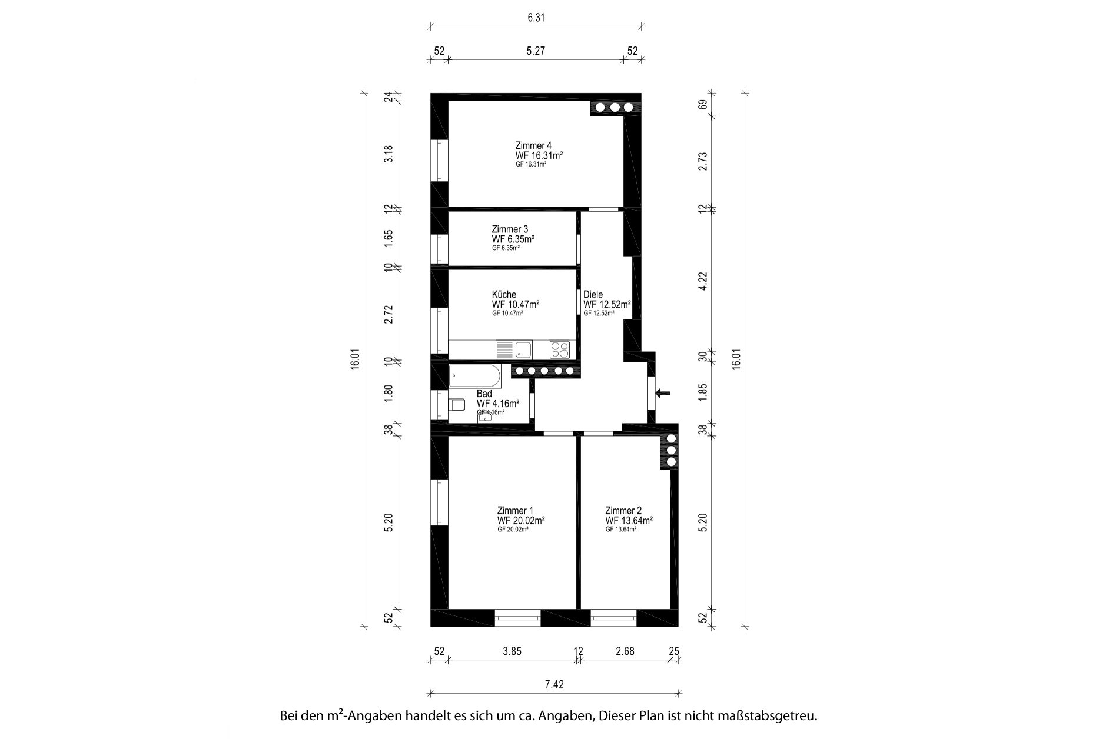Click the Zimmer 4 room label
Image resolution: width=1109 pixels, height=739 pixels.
533,145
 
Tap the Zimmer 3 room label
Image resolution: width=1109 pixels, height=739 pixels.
510,229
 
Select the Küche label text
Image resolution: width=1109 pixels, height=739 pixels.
504,294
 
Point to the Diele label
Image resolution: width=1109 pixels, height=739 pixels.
593,295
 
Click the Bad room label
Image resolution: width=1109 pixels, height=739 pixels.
484,394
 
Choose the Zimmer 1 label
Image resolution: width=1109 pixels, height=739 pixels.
515,511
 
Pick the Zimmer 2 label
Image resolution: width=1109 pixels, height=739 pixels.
623,511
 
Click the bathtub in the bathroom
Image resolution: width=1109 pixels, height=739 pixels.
474,375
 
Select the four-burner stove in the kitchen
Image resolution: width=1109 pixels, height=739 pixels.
560,350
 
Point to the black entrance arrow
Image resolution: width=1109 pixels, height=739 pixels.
663,393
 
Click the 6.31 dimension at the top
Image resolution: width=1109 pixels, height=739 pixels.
536,18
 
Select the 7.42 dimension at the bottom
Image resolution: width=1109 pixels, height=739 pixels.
554,684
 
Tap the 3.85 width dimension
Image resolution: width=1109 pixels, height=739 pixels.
512,651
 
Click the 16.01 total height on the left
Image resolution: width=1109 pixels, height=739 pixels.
354,358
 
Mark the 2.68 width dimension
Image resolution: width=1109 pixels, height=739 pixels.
625,651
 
